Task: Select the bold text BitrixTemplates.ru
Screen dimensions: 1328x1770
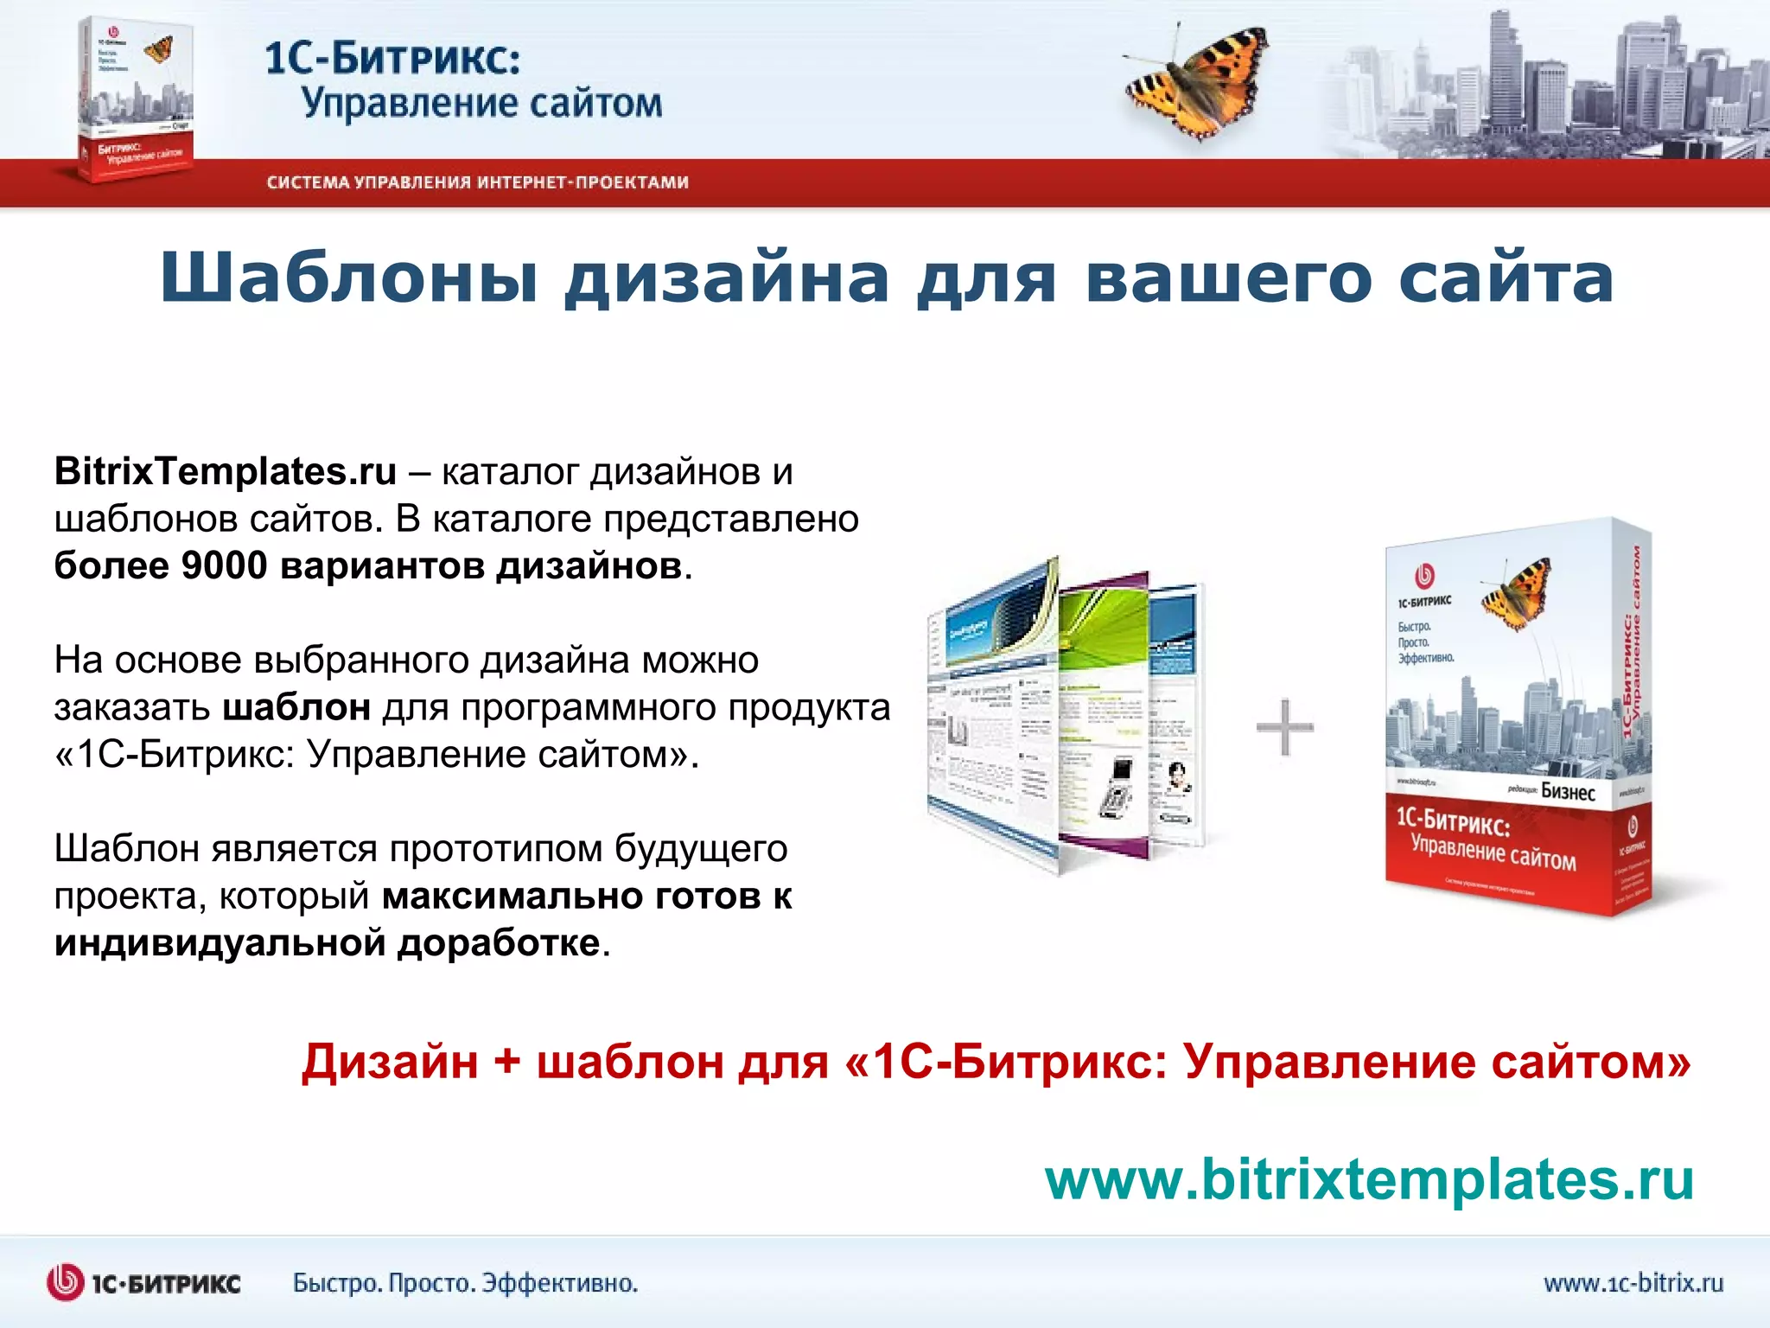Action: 226,472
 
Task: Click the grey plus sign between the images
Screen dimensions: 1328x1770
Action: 1284,726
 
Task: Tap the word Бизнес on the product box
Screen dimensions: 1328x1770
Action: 1568,791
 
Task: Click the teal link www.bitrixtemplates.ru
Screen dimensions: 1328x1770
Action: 1369,1179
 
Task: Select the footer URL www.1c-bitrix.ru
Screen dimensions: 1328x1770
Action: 1633,1283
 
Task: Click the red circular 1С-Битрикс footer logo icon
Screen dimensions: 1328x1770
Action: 65,1283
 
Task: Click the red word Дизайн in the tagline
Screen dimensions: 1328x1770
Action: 390,1062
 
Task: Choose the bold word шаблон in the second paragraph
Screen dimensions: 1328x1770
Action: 297,708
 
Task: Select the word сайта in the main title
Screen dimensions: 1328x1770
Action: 1506,278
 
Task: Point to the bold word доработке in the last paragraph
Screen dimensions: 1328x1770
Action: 499,943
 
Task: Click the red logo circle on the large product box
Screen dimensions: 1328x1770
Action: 1423,576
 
